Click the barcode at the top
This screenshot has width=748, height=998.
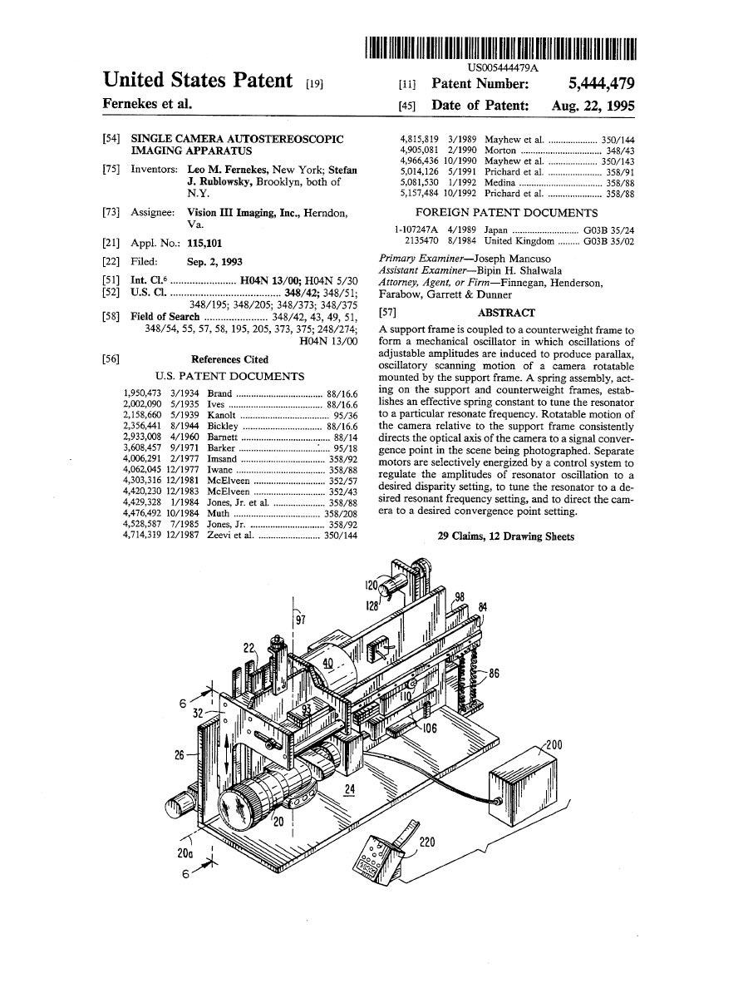coord(500,49)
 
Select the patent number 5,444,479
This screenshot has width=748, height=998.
coord(601,83)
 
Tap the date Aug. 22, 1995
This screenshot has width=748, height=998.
coord(593,106)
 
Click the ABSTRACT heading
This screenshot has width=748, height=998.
coord(506,313)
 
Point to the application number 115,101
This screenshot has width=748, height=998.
coord(204,243)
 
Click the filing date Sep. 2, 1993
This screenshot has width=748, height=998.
coord(214,262)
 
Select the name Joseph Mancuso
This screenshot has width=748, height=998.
coord(512,259)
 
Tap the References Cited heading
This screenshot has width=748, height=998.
coord(229,359)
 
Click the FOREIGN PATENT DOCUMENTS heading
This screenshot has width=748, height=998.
coord(506,212)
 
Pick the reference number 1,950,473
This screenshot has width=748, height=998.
coord(141,393)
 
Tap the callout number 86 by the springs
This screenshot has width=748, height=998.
coord(494,673)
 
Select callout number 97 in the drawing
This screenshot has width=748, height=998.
coord(301,620)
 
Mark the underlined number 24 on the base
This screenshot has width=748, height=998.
coord(350,789)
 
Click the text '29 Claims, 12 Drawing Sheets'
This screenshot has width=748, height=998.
coord(506,536)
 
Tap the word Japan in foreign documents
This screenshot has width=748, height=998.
coord(496,230)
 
